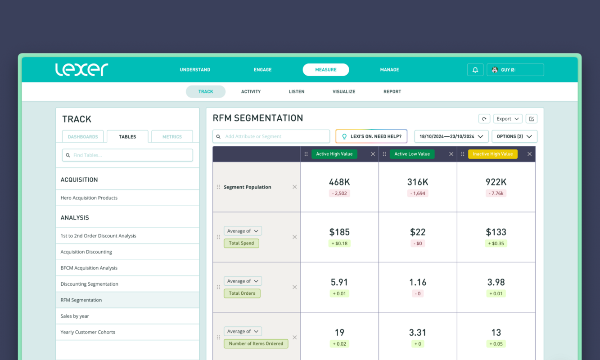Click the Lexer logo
[x=81, y=69]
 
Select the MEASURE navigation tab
[x=325, y=70]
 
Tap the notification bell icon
[x=475, y=70]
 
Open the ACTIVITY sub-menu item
[x=251, y=91]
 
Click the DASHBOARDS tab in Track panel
[x=83, y=137]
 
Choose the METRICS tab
[x=172, y=137]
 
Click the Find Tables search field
[x=127, y=155]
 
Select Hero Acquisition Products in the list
[x=89, y=198]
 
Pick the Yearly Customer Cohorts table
[x=88, y=332]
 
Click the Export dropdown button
[x=508, y=119]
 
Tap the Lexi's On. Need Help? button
[x=371, y=136]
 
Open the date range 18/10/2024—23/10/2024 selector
[x=451, y=136]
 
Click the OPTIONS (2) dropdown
[x=514, y=136]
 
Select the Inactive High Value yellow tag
[x=492, y=154]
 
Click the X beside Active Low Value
[x=451, y=154]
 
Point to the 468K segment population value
[x=339, y=182]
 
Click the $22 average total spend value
[x=418, y=232]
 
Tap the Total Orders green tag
[x=242, y=293]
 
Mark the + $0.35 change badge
[x=496, y=243]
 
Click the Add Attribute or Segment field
[x=271, y=136]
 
